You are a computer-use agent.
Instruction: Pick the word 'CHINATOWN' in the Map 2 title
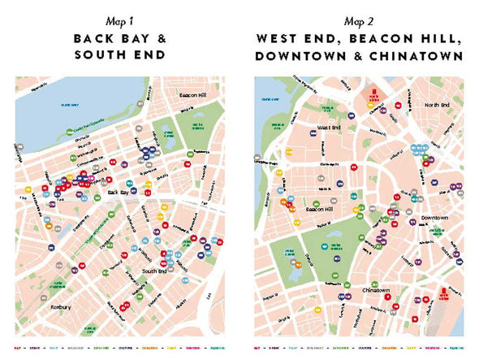[x=418, y=56]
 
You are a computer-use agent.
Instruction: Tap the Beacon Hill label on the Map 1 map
[x=195, y=96]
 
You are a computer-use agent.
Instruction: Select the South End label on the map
[x=155, y=271]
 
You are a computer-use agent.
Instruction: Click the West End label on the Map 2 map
[x=330, y=128]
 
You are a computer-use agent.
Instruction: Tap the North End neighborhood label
[x=436, y=106]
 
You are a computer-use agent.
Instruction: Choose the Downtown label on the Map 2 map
[x=435, y=218]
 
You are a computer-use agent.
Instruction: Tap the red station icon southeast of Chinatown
[x=443, y=297]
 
